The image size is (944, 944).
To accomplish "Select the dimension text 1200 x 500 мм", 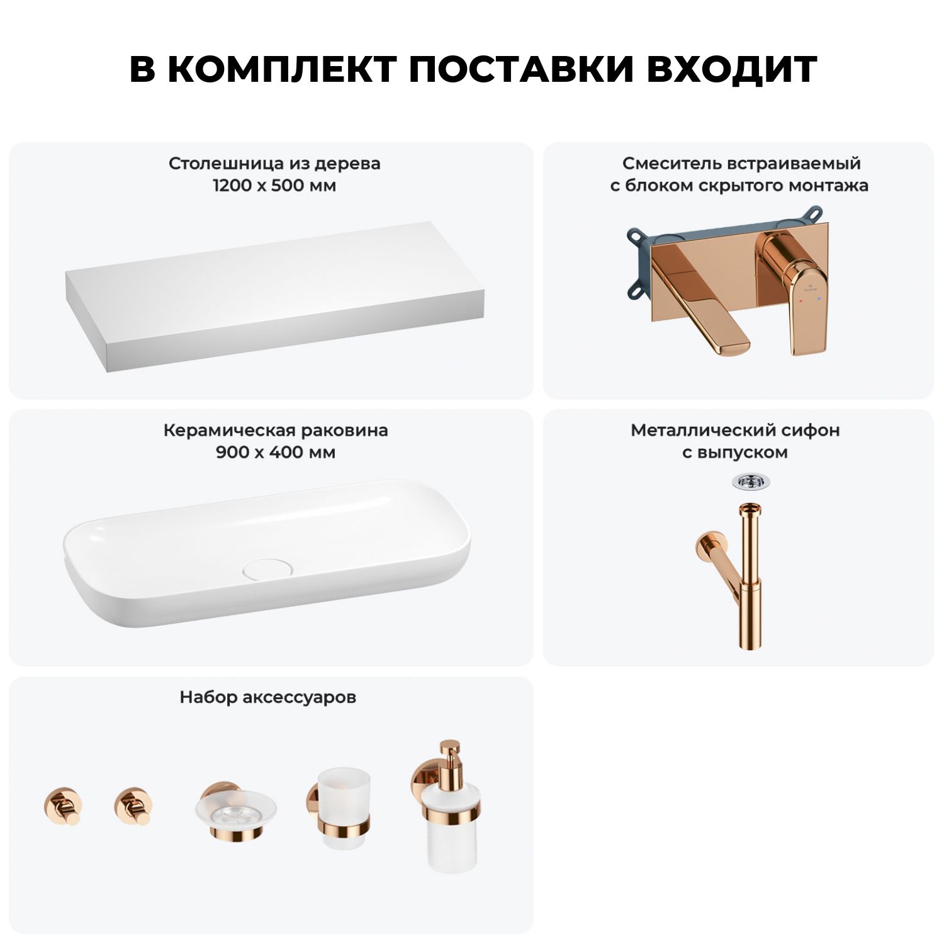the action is (274, 186).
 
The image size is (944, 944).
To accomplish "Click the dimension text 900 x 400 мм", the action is (276, 452).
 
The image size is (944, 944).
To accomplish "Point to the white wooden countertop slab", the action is (275, 297).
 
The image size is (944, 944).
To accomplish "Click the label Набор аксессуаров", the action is (268, 697).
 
